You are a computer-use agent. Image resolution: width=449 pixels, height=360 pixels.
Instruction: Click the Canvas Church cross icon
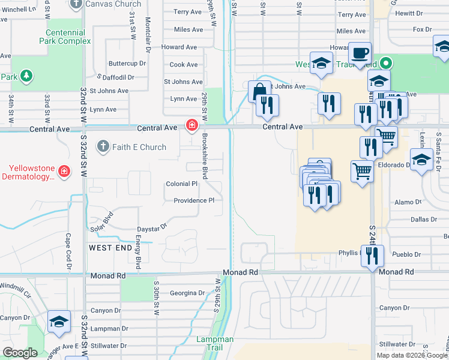pyautogui.click(x=76, y=4)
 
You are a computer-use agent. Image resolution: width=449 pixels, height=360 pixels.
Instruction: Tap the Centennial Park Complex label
pyautogui.click(x=67, y=36)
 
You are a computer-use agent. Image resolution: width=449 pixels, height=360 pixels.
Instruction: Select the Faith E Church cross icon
pyautogui.click(x=103, y=147)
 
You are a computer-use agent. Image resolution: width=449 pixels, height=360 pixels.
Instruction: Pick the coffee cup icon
pyautogui.click(x=360, y=53)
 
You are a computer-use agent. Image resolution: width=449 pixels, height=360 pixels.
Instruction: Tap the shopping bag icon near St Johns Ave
pyautogui.click(x=259, y=92)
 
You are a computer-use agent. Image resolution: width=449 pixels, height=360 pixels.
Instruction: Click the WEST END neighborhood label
pyautogui.click(x=110, y=247)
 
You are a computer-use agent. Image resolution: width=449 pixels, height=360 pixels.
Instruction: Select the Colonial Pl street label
pyautogui.click(x=182, y=184)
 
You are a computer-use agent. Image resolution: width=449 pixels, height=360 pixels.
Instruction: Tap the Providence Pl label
pyautogui.click(x=194, y=200)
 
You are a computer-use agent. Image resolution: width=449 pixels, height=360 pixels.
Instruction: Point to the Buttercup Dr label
pyautogui.click(x=127, y=63)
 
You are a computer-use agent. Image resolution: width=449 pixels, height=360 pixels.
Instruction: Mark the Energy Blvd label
pyautogui.click(x=137, y=252)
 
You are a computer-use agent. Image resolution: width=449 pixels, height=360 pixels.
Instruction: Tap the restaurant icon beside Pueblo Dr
pyautogui.click(x=372, y=256)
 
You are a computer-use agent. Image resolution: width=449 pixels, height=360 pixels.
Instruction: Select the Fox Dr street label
pyautogui.click(x=423, y=29)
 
